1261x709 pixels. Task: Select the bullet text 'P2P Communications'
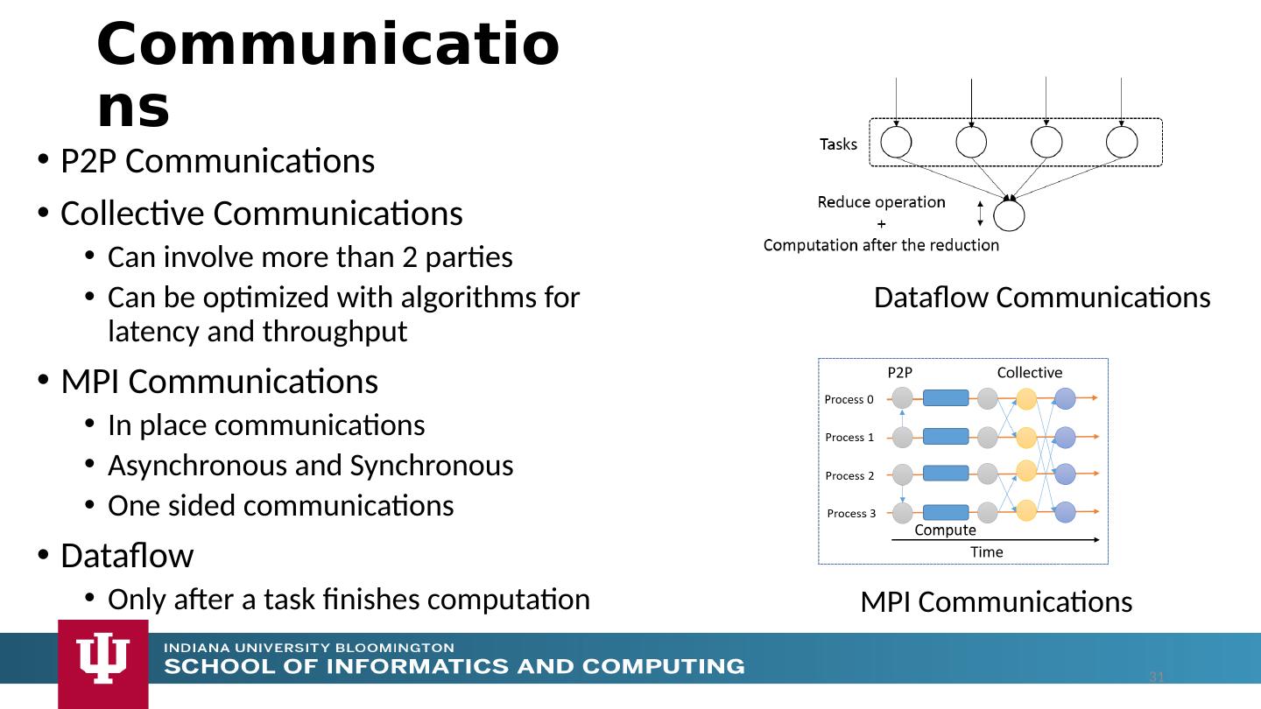coord(217,162)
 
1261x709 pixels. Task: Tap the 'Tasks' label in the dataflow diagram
coord(838,144)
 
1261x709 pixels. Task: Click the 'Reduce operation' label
coord(881,203)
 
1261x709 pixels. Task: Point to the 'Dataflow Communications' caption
coord(1042,298)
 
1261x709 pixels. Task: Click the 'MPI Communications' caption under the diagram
coord(996,602)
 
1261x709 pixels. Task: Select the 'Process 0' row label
coord(849,400)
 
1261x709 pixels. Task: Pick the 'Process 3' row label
coord(851,514)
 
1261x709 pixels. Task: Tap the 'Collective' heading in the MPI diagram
coord(1029,372)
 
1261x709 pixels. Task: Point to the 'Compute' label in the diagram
coord(945,530)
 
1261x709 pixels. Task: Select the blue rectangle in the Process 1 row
coord(946,436)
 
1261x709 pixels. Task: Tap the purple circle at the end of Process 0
coord(1065,399)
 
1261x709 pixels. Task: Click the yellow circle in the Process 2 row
coord(1027,471)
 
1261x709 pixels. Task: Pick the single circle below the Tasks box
coord(1009,215)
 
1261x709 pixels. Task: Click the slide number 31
coord(1157,677)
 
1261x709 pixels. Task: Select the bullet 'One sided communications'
coord(280,506)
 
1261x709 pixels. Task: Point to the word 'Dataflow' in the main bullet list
coord(127,556)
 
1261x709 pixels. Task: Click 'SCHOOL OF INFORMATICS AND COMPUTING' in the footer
coord(455,667)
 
